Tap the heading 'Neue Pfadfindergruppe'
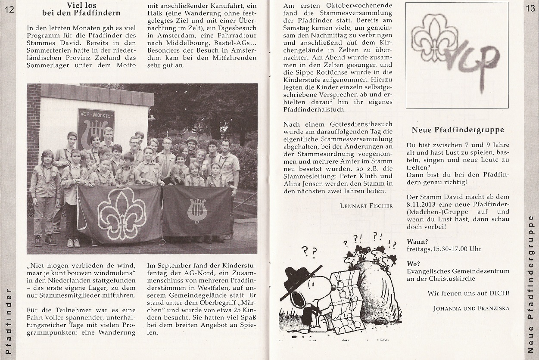tap(458, 130)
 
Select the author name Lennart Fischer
tap(366, 205)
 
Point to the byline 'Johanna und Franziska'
tap(471, 308)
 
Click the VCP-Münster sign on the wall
tap(96, 127)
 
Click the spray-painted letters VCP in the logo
tap(473, 59)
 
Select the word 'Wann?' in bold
tap(416, 242)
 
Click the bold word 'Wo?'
tap(413, 264)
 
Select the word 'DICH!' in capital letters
tap(499, 293)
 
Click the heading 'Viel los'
tap(81, 6)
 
